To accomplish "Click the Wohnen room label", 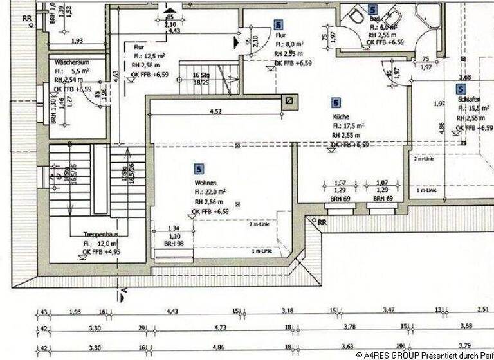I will point(207,182).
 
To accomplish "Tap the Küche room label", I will point(341,117).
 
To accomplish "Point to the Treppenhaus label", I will point(98,235).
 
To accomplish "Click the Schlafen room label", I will point(470,100).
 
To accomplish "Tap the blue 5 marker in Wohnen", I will point(199,168).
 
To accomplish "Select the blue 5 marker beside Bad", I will point(372,10).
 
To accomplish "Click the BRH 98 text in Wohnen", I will point(174,244).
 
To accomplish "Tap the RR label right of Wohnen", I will point(322,222).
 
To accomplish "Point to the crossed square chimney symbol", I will point(291,100).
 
